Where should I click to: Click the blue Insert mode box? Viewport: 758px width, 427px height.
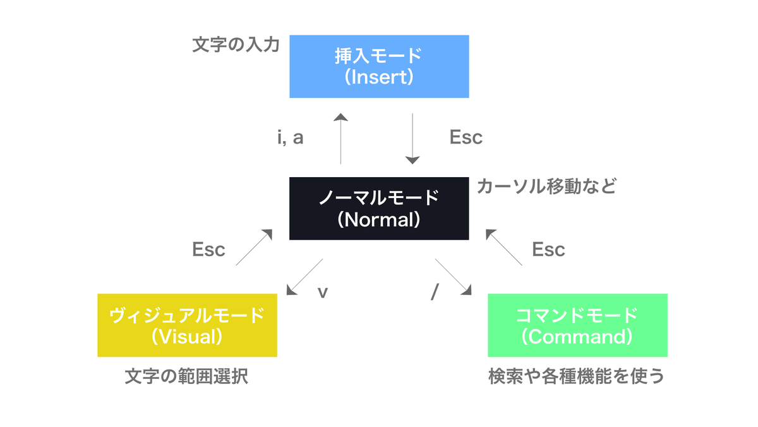[x=379, y=66]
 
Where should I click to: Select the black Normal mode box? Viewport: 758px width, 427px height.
[x=379, y=208]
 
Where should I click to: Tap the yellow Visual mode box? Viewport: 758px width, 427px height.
[x=187, y=325]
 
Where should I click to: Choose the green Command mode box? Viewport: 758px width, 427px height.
[x=577, y=325]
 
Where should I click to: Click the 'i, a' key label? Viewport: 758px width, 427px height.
[x=290, y=137]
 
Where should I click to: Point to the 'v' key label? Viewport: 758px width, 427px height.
[x=322, y=293]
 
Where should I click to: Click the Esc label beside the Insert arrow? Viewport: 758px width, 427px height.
[x=466, y=137]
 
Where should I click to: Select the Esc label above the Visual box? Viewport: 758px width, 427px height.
[x=208, y=249]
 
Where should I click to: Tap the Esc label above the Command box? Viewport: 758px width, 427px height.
[x=548, y=249]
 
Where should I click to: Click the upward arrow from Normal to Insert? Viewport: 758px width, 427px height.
[x=341, y=139]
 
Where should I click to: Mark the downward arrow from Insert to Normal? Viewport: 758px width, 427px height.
[x=412, y=139]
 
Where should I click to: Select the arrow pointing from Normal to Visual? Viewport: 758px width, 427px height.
[x=304, y=276]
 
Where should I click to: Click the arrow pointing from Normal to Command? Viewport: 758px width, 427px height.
[x=454, y=276]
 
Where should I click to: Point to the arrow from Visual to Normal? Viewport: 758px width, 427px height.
[x=255, y=247]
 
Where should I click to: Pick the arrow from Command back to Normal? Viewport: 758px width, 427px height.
[x=504, y=247]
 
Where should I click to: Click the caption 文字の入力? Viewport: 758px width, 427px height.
[x=236, y=46]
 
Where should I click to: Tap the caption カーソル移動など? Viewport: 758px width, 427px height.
[x=546, y=187]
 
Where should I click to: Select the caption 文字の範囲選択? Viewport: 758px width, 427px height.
[x=186, y=377]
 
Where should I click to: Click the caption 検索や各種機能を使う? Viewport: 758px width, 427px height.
[x=577, y=377]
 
